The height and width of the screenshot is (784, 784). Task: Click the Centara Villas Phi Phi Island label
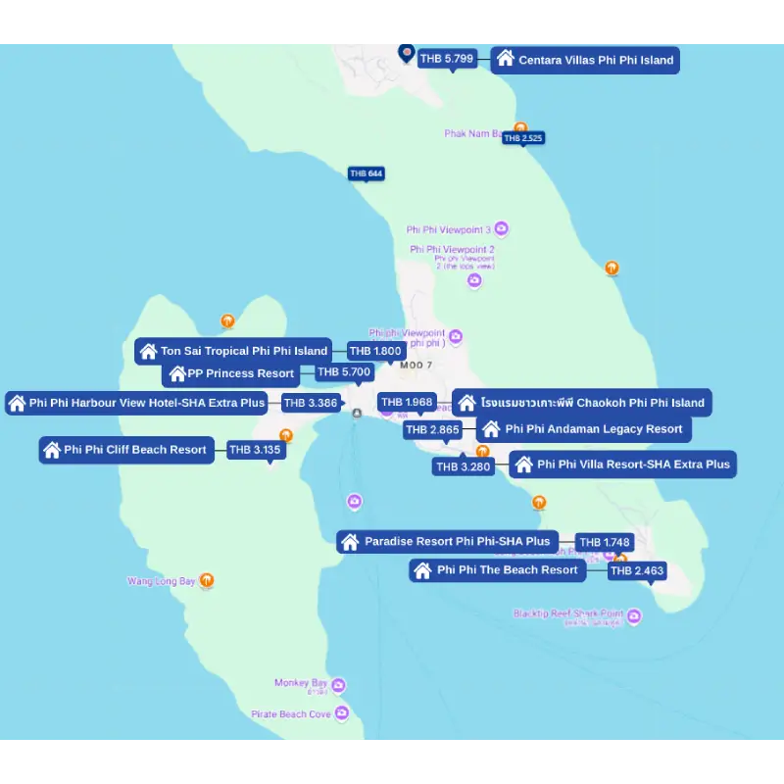coord(586,60)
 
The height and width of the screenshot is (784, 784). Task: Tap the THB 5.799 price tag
coord(447,59)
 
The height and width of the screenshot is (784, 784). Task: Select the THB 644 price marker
coord(367,173)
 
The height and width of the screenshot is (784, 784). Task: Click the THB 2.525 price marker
coord(523,138)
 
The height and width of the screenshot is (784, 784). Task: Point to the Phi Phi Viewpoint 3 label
coord(448,230)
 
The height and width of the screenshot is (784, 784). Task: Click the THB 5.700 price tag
coord(344,372)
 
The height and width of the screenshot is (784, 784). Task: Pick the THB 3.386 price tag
coord(311,403)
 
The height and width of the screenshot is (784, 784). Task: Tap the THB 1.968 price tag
coord(407,402)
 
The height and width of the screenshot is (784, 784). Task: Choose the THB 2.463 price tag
coord(636,570)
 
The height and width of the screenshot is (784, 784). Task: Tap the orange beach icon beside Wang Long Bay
coord(207,580)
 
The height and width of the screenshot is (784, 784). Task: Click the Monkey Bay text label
coord(301,683)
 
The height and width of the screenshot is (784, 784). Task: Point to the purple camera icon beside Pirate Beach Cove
coord(341,713)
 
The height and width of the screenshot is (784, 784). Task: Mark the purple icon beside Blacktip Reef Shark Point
coord(634,616)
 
